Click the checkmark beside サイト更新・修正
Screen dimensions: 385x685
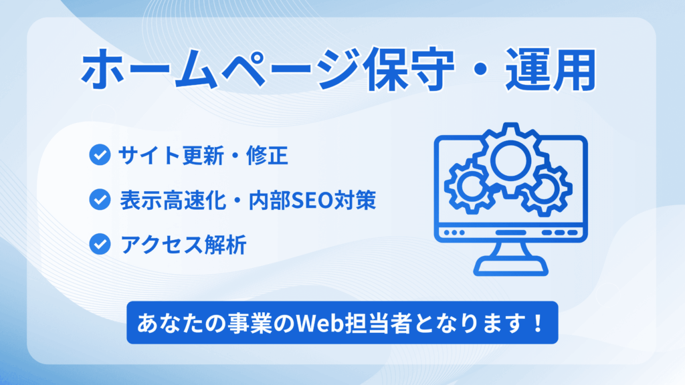100,156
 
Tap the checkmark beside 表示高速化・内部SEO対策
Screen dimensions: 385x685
100,199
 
